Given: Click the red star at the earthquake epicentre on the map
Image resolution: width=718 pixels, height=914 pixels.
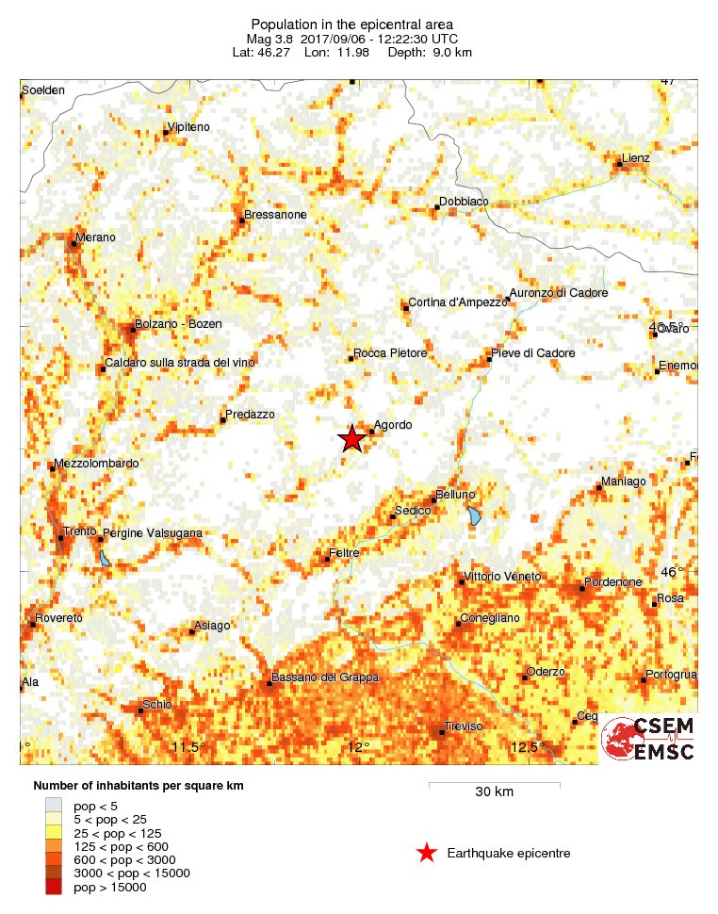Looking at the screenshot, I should point(351,438).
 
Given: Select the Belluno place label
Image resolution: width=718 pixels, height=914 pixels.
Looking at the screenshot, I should point(454,496).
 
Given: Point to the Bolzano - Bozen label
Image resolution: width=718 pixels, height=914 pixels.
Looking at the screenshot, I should point(178,324).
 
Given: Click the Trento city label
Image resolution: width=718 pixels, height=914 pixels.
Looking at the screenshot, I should point(78,532).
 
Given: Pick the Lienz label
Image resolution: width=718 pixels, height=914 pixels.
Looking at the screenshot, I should point(636,158).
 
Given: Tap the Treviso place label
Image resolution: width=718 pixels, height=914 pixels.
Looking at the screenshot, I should point(463,726).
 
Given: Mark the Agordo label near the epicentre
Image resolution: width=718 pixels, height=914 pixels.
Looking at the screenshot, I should point(393,425).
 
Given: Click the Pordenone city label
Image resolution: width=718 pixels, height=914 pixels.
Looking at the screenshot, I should point(612,582).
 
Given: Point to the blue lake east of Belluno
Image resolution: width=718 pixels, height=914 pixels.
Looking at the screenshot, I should point(474,515).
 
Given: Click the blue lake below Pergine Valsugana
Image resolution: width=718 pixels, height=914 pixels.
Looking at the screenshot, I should point(104,558).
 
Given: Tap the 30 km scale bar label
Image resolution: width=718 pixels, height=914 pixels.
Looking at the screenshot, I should point(494,792).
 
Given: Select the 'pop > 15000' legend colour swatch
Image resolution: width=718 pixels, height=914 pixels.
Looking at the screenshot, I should point(54,887).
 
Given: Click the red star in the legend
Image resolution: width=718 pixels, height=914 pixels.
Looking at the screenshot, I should point(427,854).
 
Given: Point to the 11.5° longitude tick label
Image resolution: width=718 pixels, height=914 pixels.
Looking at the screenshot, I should point(188,748).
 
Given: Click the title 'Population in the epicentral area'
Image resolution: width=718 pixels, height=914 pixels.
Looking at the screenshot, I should point(351,24).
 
